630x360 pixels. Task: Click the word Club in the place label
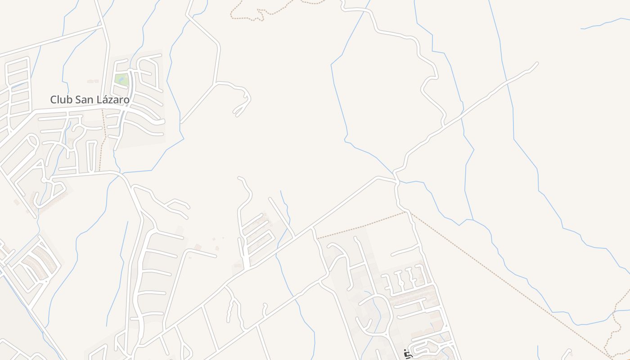[x=61, y=99]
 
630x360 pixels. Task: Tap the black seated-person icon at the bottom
[x=408, y=354]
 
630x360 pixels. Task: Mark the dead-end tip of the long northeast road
[x=537, y=63]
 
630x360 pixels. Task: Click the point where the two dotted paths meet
[x=407, y=212]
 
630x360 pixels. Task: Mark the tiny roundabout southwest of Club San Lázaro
[x=45, y=180]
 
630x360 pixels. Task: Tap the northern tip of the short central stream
[x=281, y=191]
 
